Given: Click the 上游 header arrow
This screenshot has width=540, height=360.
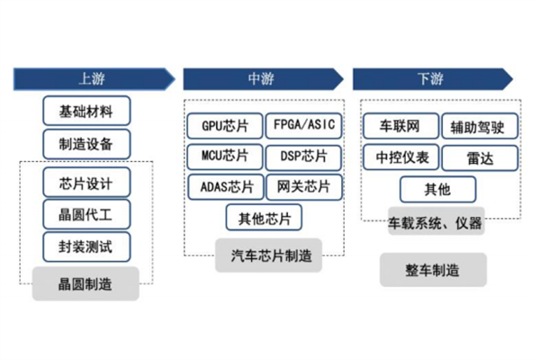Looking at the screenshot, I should pos(90,79).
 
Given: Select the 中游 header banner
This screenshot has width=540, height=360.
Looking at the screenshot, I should pos(262,79).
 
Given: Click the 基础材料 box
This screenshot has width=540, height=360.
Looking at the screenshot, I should pos(88,112).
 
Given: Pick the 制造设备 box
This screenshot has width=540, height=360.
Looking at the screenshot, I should pos(88,143).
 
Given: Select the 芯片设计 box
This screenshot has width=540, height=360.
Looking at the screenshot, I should pos(88,184).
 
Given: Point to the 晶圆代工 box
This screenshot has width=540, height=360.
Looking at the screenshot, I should pos(88,214).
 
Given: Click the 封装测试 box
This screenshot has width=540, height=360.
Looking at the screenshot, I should pos(88,245).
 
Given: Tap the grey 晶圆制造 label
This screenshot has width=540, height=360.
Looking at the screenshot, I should pos(85,284).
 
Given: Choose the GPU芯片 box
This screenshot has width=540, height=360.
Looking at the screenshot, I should pos(223,124).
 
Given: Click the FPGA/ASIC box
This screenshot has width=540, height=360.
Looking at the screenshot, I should pos(304,124).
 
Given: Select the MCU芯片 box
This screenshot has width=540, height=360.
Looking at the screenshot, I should pos(223,156).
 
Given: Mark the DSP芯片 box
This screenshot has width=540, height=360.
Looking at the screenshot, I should pos(304,156).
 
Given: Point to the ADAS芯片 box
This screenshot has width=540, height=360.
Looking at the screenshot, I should pos(223,187).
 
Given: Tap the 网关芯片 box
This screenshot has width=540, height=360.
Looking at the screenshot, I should pos(304,187).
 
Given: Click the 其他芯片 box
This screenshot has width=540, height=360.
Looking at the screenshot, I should pos(264,219).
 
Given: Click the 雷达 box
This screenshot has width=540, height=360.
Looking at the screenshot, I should pos(480,158).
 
